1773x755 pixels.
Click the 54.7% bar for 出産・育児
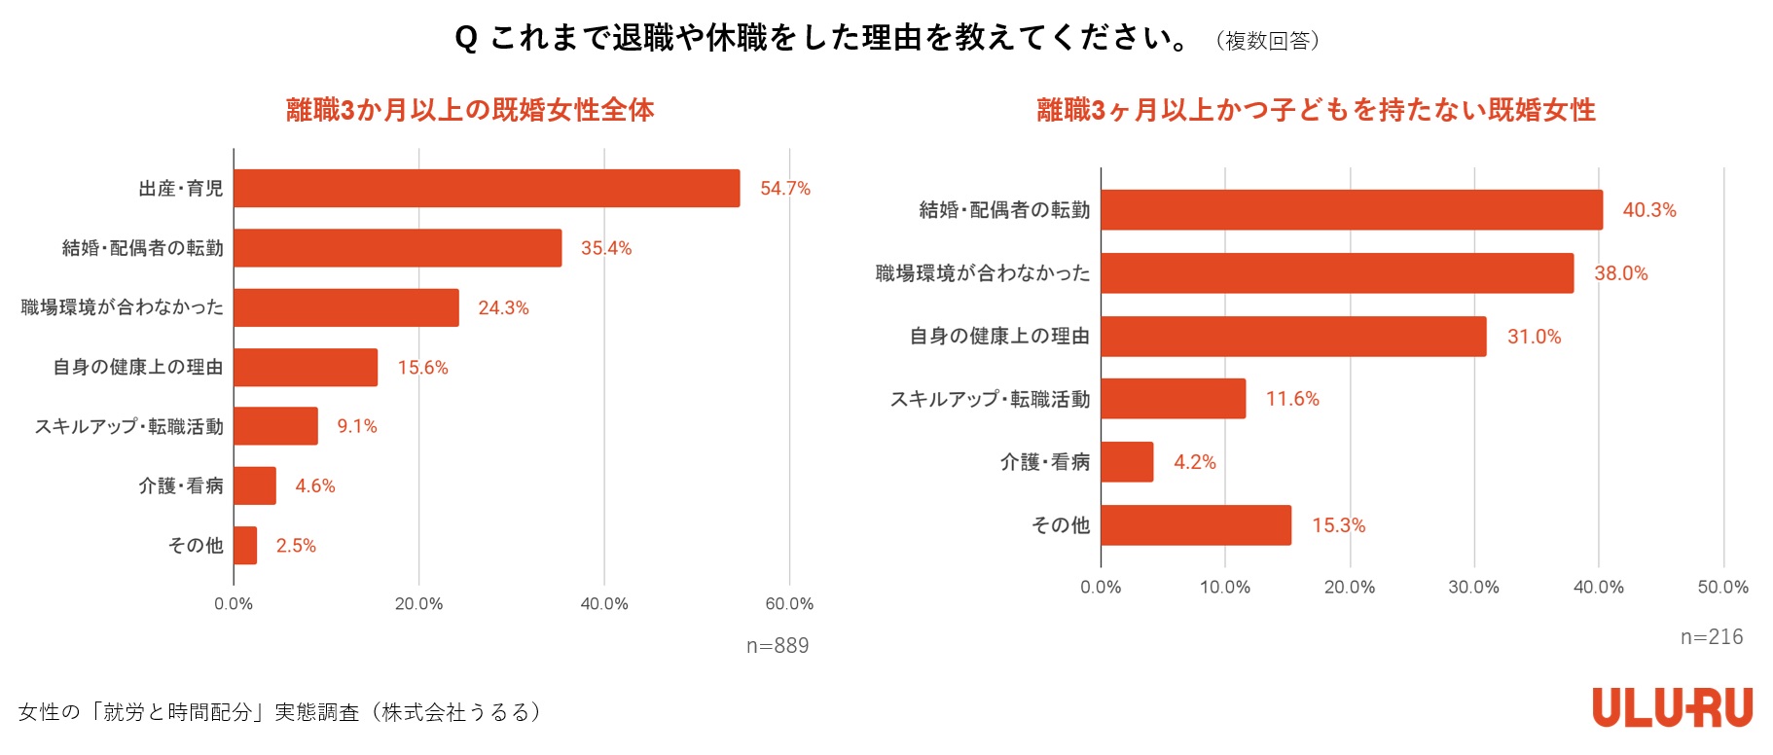point(487,188)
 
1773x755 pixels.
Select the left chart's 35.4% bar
point(397,248)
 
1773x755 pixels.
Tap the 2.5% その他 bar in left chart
point(245,545)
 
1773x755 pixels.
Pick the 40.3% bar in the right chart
point(1351,210)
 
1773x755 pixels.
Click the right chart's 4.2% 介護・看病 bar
point(1127,462)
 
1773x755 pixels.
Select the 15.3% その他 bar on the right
point(1196,525)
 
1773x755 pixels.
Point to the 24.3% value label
point(503,308)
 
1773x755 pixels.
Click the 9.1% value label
point(357,427)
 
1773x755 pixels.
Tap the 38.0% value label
point(1620,273)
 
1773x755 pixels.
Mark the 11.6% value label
point(1292,399)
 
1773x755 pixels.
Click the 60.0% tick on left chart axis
point(789,604)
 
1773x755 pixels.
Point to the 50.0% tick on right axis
point(1722,588)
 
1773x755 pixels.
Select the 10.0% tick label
point(1224,588)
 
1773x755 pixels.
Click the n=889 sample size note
point(778,646)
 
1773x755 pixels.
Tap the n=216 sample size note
point(1712,637)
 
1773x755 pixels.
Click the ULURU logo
point(1672,707)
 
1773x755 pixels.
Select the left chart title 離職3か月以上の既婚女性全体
point(470,110)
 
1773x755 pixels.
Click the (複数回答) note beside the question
point(1267,41)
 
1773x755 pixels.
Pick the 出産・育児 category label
point(181,189)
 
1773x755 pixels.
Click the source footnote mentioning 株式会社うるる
point(279,712)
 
